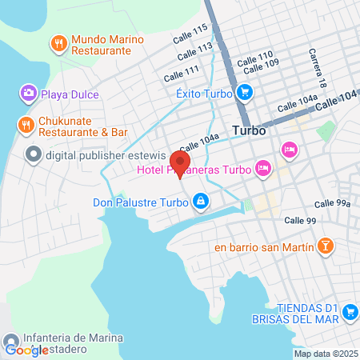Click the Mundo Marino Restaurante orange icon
(58, 43)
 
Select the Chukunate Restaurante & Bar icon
(26, 125)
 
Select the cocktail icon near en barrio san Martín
(326, 246)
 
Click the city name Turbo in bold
(248, 130)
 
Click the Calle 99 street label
(300, 220)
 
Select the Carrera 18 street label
(318, 69)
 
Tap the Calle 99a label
(332, 204)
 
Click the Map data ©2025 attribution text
(325, 354)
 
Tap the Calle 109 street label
(266, 65)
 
